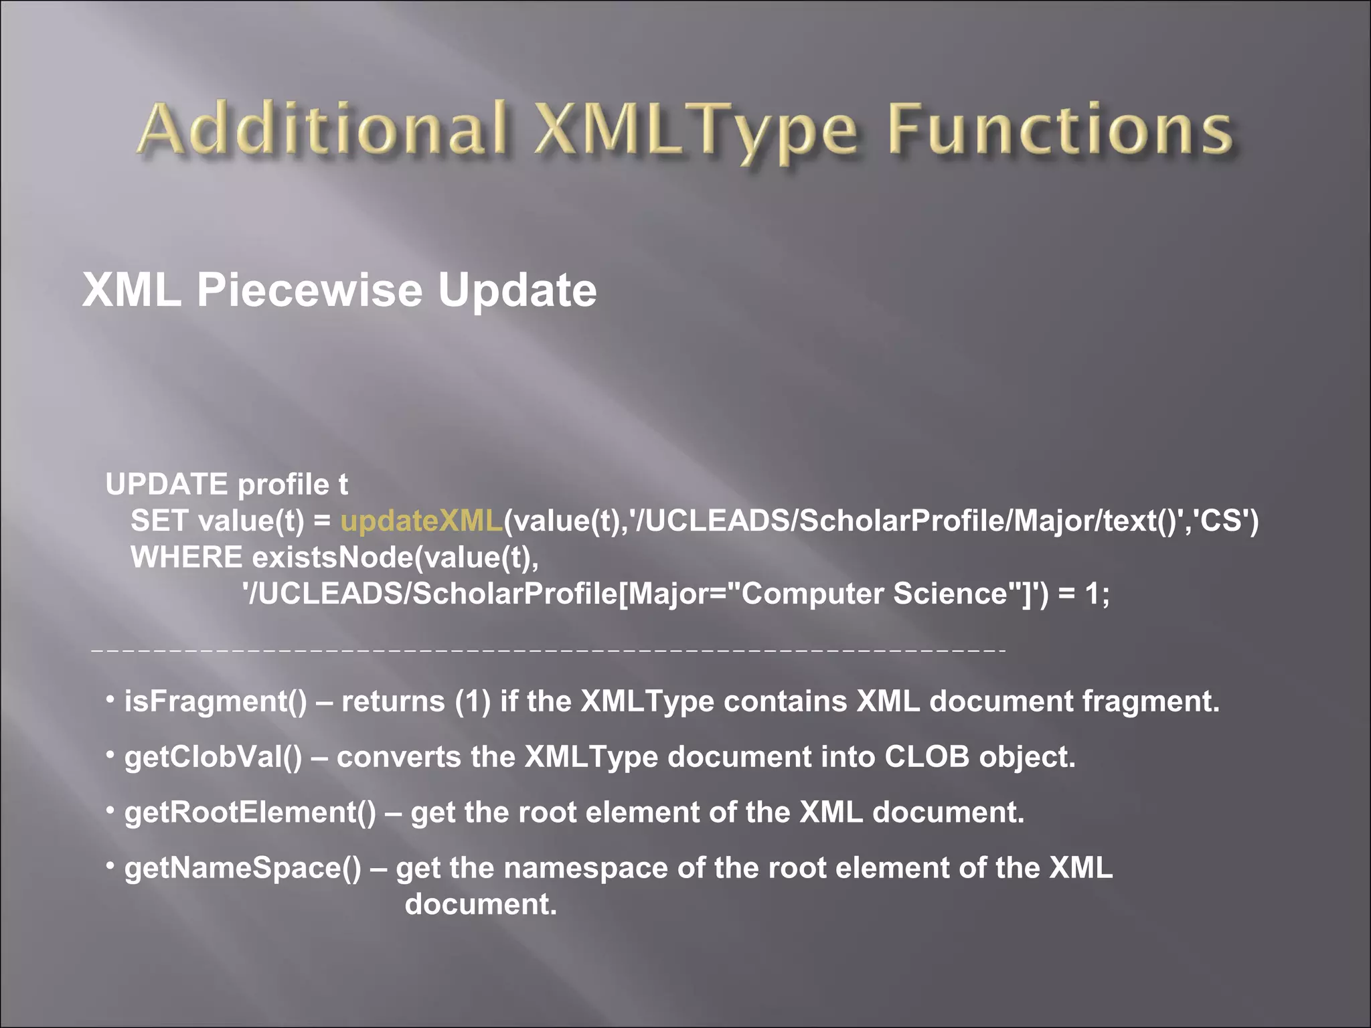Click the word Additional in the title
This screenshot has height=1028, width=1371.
pos(321,128)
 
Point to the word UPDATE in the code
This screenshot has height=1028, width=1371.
pos(166,484)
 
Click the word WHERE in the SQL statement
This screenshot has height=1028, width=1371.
pos(186,557)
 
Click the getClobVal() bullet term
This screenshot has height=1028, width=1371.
pos(214,757)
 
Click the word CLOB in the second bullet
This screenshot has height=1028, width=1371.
pos(926,757)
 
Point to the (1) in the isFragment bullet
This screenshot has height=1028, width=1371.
pos(473,701)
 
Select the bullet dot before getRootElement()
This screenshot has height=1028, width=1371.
pos(110,810)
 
